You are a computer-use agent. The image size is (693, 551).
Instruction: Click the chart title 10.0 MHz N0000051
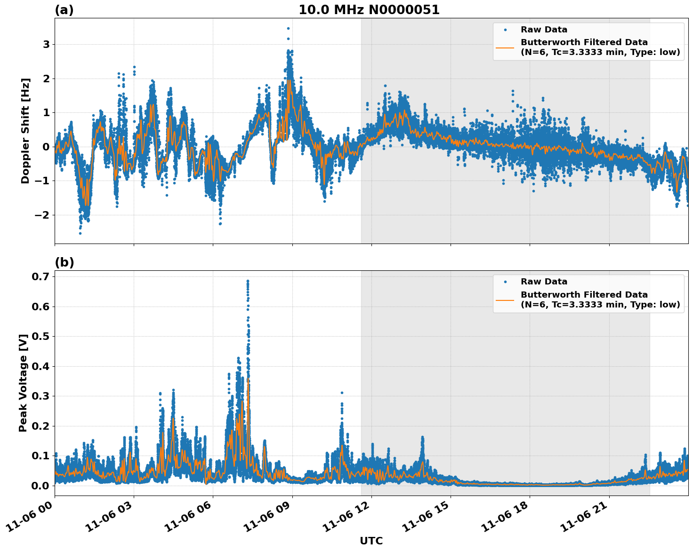[x=369, y=10]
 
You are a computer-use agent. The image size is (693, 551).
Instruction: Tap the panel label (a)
[x=64, y=10]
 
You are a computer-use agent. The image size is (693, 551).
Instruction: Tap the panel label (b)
[x=64, y=262]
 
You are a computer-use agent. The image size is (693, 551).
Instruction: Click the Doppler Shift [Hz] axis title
[x=25, y=131]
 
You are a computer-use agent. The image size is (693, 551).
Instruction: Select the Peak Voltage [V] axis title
[x=23, y=383]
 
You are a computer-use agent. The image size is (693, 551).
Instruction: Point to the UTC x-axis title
[x=371, y=541]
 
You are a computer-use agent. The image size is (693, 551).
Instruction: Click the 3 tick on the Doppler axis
[x=46, y=45]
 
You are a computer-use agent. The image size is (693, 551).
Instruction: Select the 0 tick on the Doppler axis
[x=46, y=147]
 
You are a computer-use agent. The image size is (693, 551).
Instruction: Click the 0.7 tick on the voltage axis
[x=40, y=277]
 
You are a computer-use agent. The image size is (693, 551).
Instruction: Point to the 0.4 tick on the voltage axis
[x=40, y=366]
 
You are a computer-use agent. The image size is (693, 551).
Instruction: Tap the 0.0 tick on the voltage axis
[x=40, y=486]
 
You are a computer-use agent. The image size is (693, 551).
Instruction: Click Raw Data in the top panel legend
[x=544, y=30]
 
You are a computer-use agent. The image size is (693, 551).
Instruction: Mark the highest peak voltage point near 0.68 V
[x=248, y=281]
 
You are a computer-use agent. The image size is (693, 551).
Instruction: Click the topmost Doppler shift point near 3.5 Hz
[x=288, y=28]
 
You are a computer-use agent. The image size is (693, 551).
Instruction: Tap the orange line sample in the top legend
[x=505, y=47]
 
